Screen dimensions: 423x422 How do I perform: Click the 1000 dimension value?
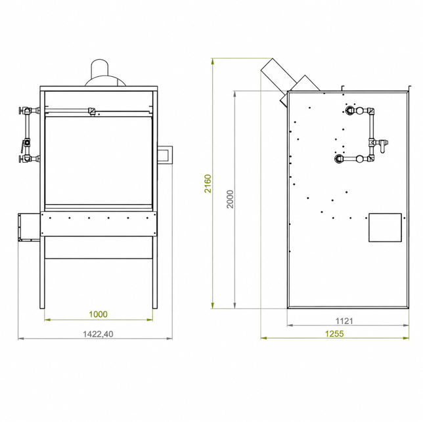click(x=99, y=314)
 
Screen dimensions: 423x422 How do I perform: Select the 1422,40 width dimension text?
click(x=98, y=334)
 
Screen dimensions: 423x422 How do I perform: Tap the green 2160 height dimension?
click(x=208, y=184)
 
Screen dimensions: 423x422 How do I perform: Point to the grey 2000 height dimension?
click(x=230, y=199)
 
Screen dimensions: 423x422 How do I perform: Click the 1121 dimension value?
click(x=344, y=321)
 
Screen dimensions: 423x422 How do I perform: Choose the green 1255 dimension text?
click(x=334, y=334)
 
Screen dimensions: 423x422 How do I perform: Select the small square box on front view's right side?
click(x=165, y=155)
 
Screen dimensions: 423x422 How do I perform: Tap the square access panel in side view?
click(x=385, y=228)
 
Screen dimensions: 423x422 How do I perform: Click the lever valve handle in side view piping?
click(x=382, y=146)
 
